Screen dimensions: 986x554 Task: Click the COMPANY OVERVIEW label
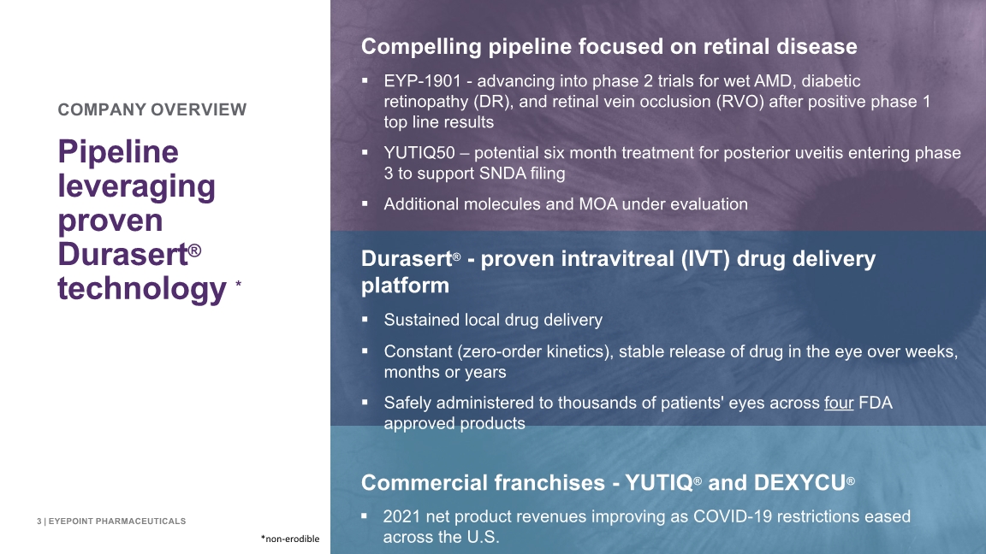tap(152, 110)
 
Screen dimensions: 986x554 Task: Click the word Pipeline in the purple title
tap(118, 153)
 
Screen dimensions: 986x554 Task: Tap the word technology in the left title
tap(142, 289)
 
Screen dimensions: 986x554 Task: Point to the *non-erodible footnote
tap(290, 539)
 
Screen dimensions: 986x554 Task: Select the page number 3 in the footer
tap(39, 522)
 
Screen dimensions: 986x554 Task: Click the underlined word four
tap(839, 403)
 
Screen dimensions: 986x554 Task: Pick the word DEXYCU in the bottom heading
tap(799, 482)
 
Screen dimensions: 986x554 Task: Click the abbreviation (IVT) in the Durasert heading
tap(705, 259)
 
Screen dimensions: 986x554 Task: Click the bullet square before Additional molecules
tap(365, 203)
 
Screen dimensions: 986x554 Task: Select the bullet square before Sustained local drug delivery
tap(365, 319)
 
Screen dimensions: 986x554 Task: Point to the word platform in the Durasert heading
tap(405, 286)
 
